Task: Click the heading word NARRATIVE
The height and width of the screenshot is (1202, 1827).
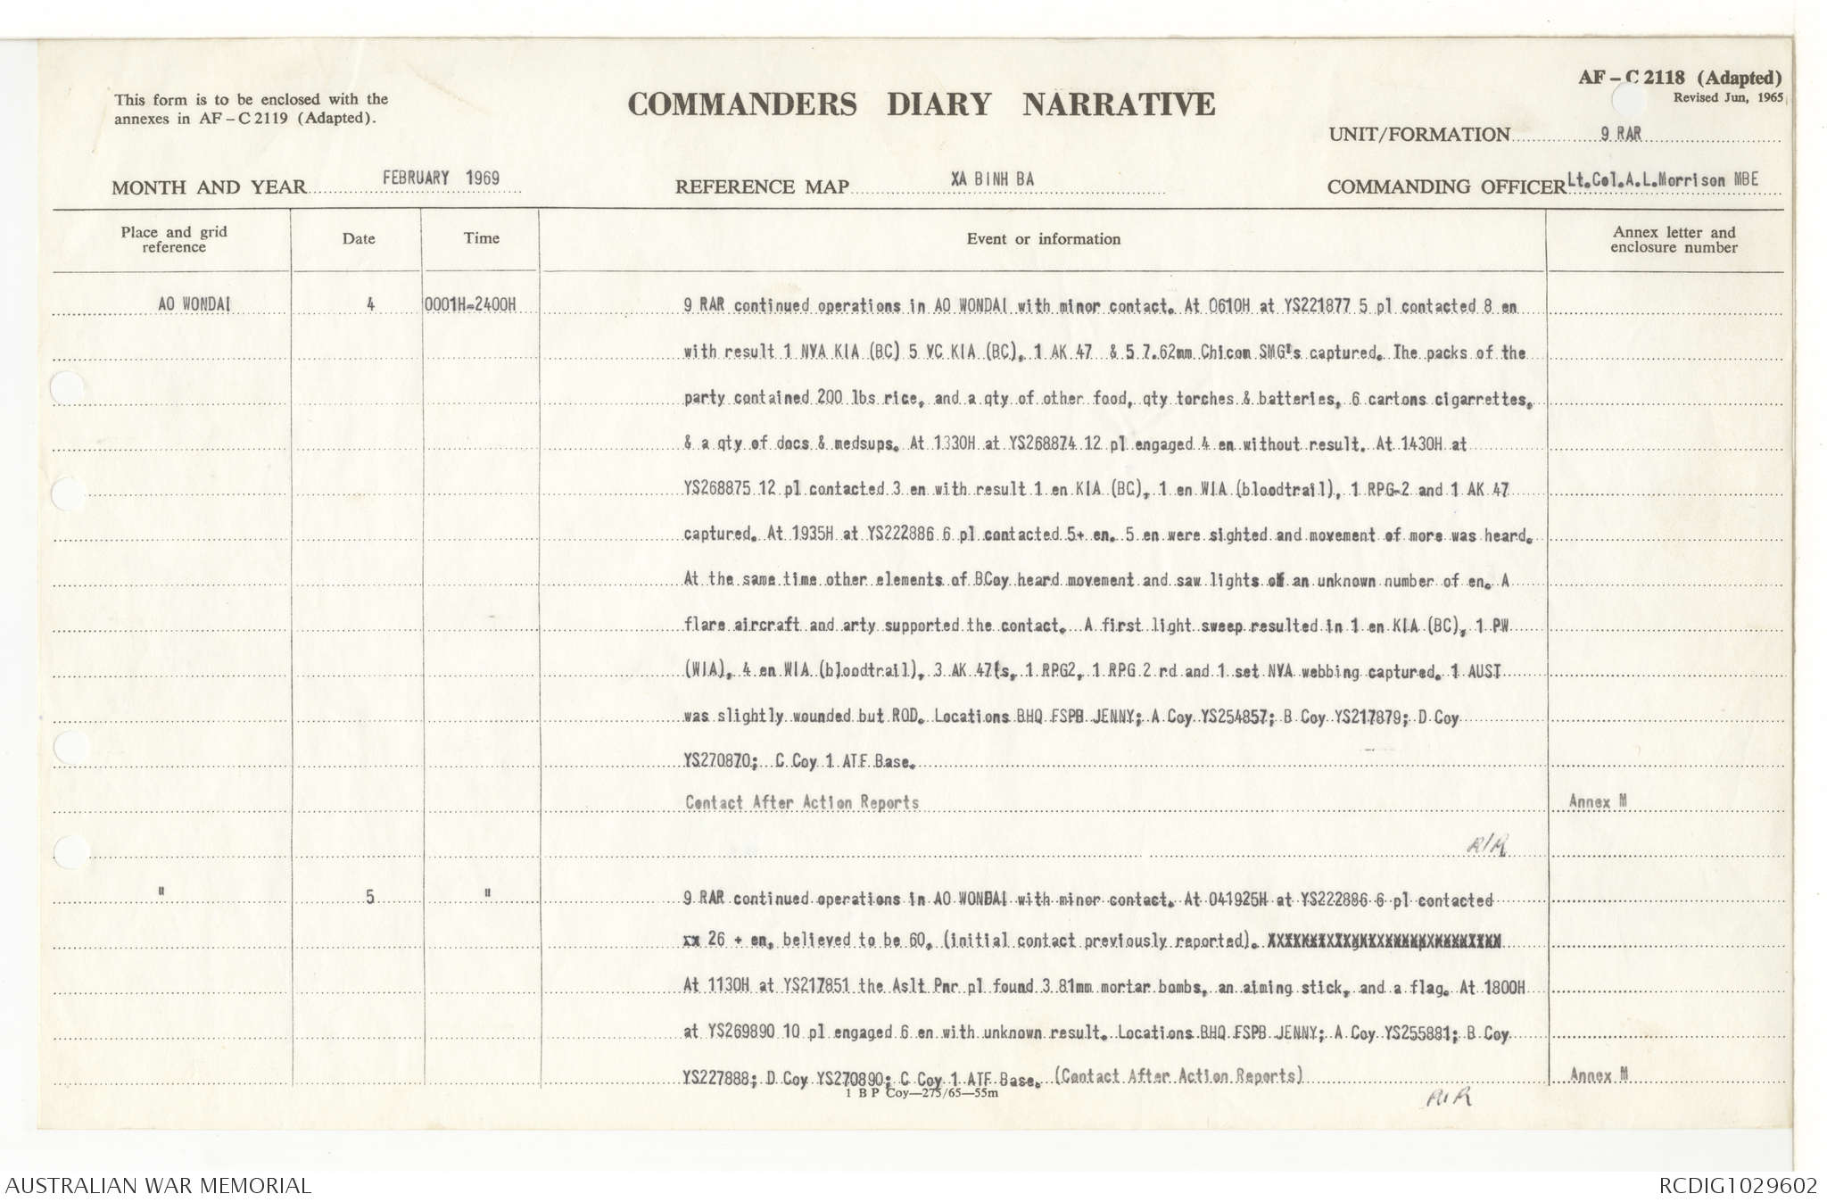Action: pos(1119,104)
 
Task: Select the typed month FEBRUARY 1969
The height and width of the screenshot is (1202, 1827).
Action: pos(441,178)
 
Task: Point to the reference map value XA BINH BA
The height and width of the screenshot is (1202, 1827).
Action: pos(992,178)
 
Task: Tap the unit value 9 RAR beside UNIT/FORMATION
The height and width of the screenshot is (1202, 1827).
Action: pos(1620,134)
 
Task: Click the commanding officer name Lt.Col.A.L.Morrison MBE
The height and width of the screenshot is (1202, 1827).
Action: pos(1663,179)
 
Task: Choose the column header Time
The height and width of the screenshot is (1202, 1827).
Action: pos(481,238)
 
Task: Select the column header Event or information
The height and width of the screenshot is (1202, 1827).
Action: pos(1043,239)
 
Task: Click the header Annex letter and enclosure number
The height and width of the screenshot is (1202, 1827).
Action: pos(1674,239)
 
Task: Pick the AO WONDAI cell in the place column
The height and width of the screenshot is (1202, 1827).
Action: pos(194,304)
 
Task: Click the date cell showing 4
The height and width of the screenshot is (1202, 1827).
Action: pos(370,304)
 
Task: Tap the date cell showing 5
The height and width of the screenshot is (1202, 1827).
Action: pos(370,897)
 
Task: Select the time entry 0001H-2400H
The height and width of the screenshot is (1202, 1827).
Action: pos(470,304)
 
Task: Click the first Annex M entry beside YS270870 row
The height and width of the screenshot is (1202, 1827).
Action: pos(1598,801)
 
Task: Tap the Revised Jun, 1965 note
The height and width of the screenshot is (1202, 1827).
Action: pos(1727,97)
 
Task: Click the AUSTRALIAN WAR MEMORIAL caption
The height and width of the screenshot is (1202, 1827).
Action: pos(159,1186)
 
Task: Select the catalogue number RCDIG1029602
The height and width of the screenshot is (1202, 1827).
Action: pos(1738,1186)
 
